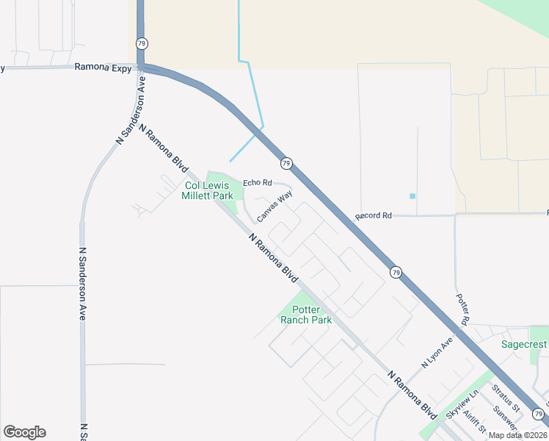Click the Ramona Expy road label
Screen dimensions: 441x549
pos(103,68)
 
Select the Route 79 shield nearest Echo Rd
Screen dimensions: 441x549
pos(286,162)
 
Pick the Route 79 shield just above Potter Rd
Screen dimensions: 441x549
pos(396,272)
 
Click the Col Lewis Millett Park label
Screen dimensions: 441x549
pos(208,191)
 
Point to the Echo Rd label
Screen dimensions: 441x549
pos(257,182)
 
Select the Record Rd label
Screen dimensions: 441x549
pos(374,216)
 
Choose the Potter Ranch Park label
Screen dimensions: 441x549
pos(306,315)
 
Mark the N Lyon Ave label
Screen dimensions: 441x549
pos(437,350)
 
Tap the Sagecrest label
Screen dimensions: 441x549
pos(524,344)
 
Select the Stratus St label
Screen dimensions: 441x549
pos(505,398)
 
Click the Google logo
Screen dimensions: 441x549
pos(24,432)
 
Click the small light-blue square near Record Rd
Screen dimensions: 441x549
pos(412,196)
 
